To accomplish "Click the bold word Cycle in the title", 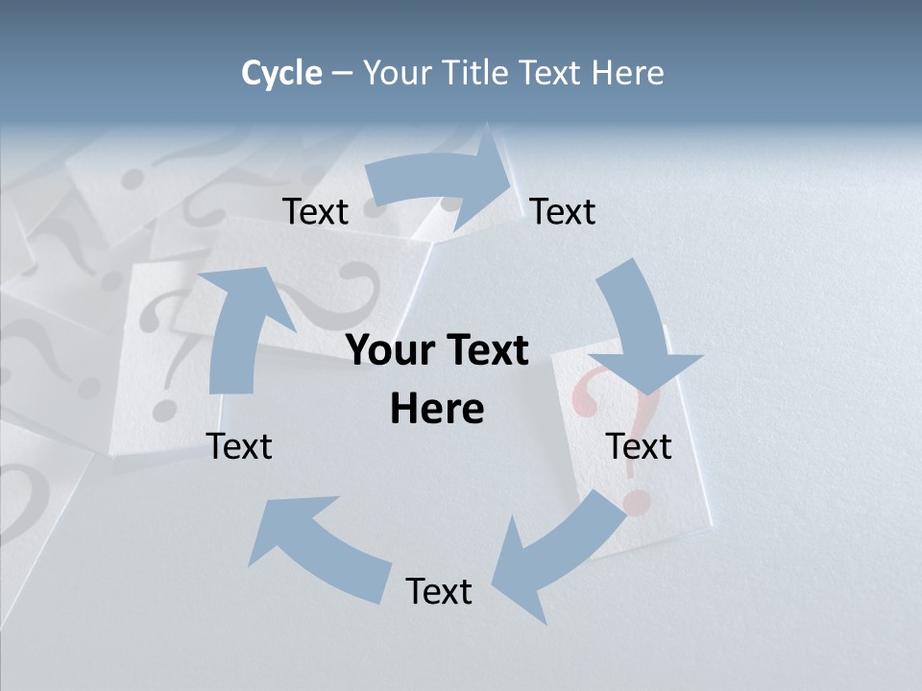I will [281, 73].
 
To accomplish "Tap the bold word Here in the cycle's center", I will [437, 409].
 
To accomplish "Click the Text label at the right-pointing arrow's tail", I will [316, 212].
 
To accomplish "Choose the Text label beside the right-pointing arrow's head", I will [563, 212].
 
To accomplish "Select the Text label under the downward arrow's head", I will [639, 446].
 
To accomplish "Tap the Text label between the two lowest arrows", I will [439, 591].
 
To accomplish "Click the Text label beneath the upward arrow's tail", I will [240, 446].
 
